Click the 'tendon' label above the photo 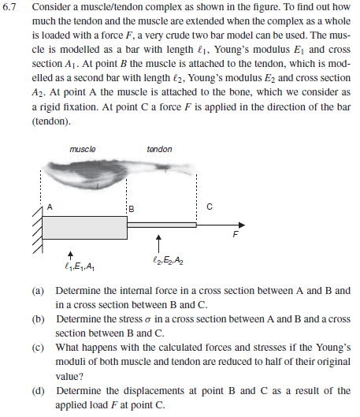pos(159,149)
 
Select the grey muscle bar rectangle pos(84,227)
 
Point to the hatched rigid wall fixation pos(36,226)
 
